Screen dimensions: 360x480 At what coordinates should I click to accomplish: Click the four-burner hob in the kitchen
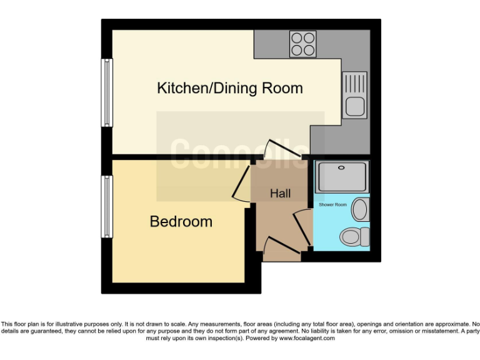pos(302,44)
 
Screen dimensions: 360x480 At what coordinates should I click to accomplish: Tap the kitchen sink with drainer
pos(354,94)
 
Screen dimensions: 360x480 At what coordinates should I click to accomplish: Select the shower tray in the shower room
pos(342,177)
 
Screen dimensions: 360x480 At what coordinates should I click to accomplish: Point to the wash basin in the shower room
pos(360,209)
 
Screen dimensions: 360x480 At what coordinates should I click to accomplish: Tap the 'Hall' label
pos(280,194)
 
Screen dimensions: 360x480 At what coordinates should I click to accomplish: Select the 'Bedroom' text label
pos(181,221)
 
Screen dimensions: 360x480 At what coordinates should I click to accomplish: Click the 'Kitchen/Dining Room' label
pos(229,88)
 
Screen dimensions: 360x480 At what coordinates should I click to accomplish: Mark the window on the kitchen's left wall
pos(107,93)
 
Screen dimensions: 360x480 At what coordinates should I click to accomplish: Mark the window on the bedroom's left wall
pos(107,206)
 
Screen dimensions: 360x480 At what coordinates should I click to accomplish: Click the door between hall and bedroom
pos(241,181)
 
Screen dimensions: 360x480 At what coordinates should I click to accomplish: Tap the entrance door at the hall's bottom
pos(281,247)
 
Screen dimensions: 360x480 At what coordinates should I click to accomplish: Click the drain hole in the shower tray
pos(342,167)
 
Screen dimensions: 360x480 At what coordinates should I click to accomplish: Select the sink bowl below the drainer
pos(354,106)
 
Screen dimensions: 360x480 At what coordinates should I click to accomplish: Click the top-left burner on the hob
pos(297,37)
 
